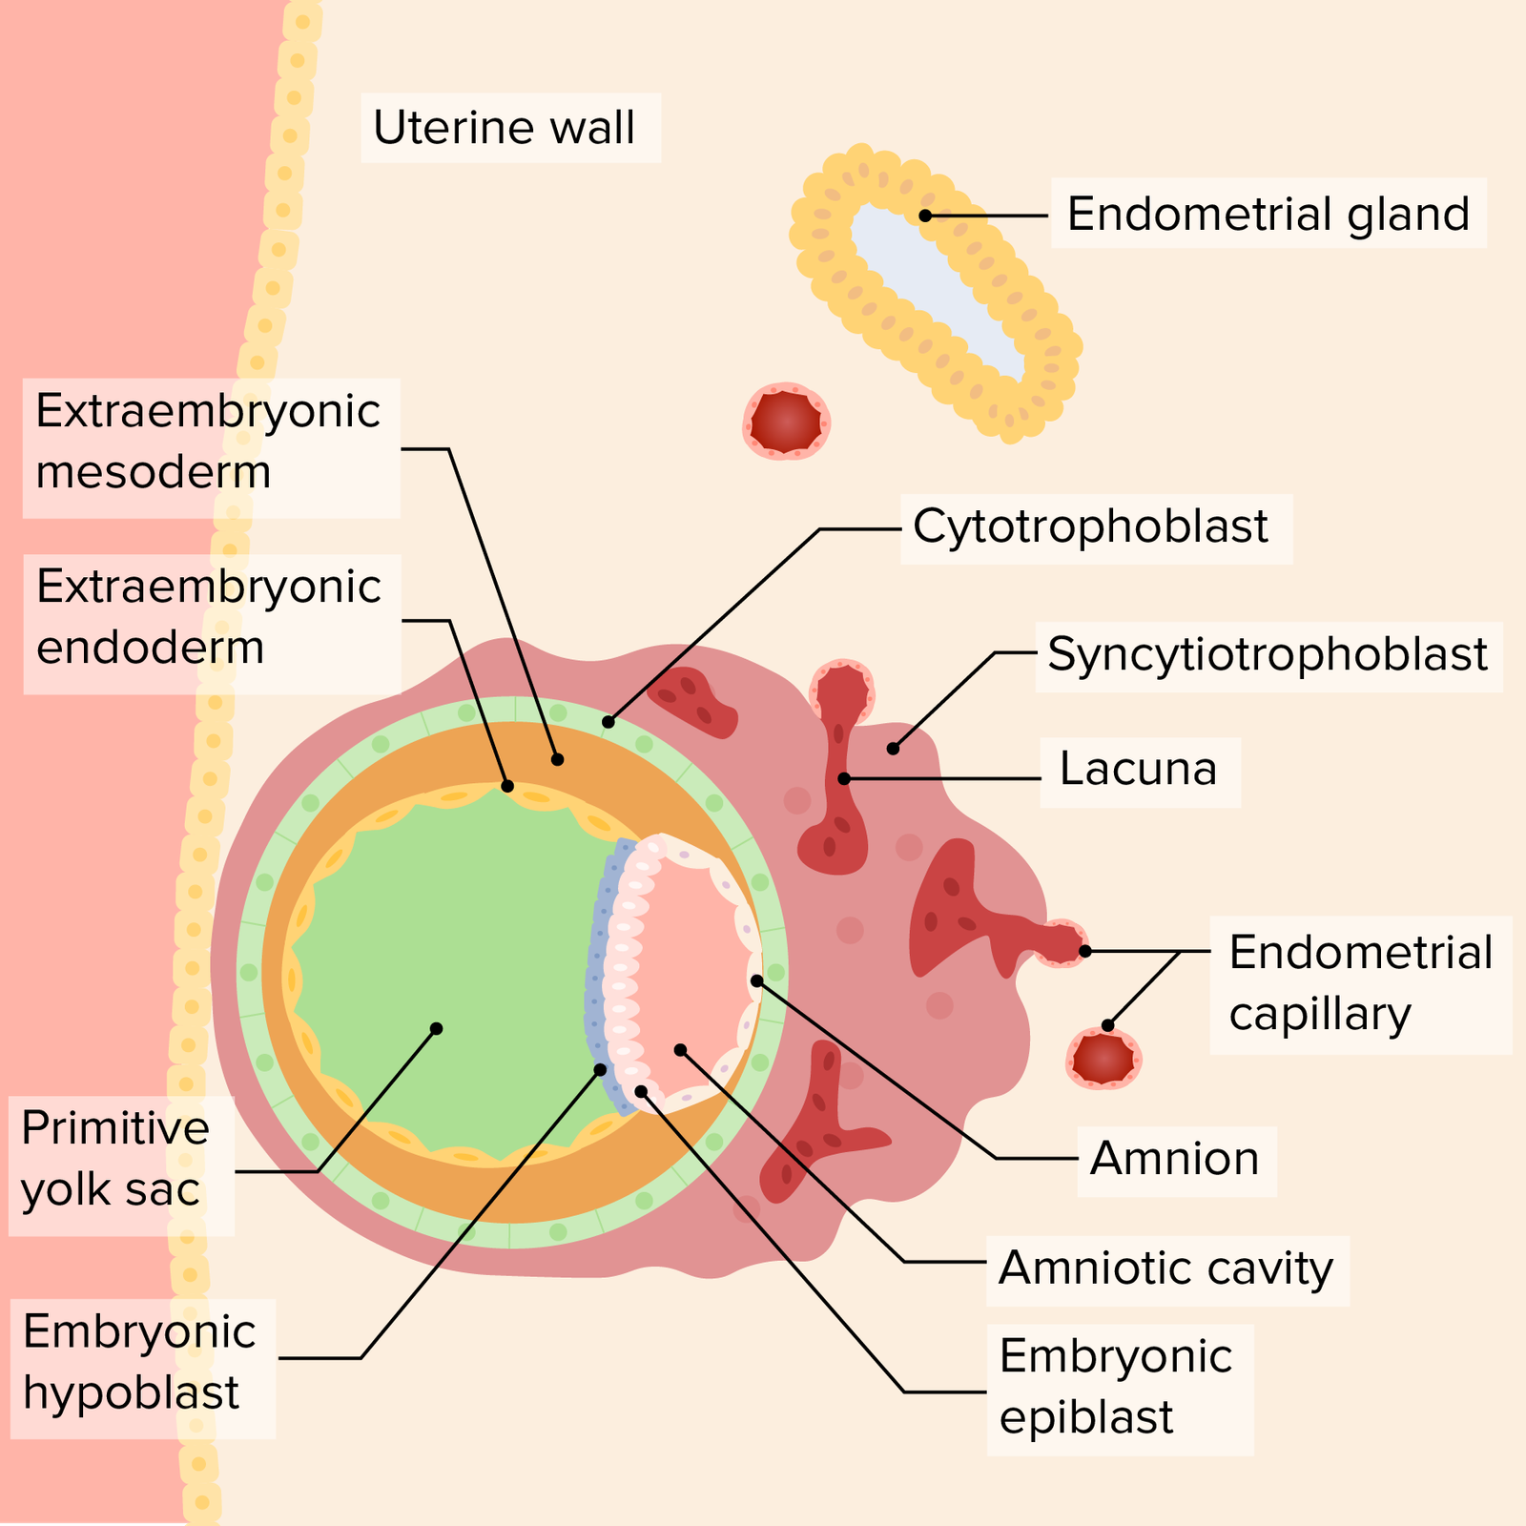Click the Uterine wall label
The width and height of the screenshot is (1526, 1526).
504,128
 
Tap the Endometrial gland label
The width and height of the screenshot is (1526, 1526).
1268,214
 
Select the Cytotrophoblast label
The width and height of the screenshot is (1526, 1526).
1090,526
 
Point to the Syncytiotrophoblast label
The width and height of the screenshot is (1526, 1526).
1267,654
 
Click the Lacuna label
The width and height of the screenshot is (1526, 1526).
1138,770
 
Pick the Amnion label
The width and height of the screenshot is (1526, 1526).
1174,1159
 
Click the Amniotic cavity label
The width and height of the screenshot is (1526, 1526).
1165,1268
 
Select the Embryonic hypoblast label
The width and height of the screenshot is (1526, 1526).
139,1362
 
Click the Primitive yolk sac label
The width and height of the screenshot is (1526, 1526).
114,1159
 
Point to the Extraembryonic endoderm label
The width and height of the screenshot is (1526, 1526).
208,617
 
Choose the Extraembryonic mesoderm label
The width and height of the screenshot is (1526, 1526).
208,442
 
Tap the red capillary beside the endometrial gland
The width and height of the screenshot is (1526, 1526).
785,421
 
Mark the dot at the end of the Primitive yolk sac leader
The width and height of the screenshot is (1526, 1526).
436,1028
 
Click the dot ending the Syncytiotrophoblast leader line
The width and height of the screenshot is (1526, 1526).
893,749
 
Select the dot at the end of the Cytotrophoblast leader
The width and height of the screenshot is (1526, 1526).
608,722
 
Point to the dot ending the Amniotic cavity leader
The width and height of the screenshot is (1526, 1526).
680,1050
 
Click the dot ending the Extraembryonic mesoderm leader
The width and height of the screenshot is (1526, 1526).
558,759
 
